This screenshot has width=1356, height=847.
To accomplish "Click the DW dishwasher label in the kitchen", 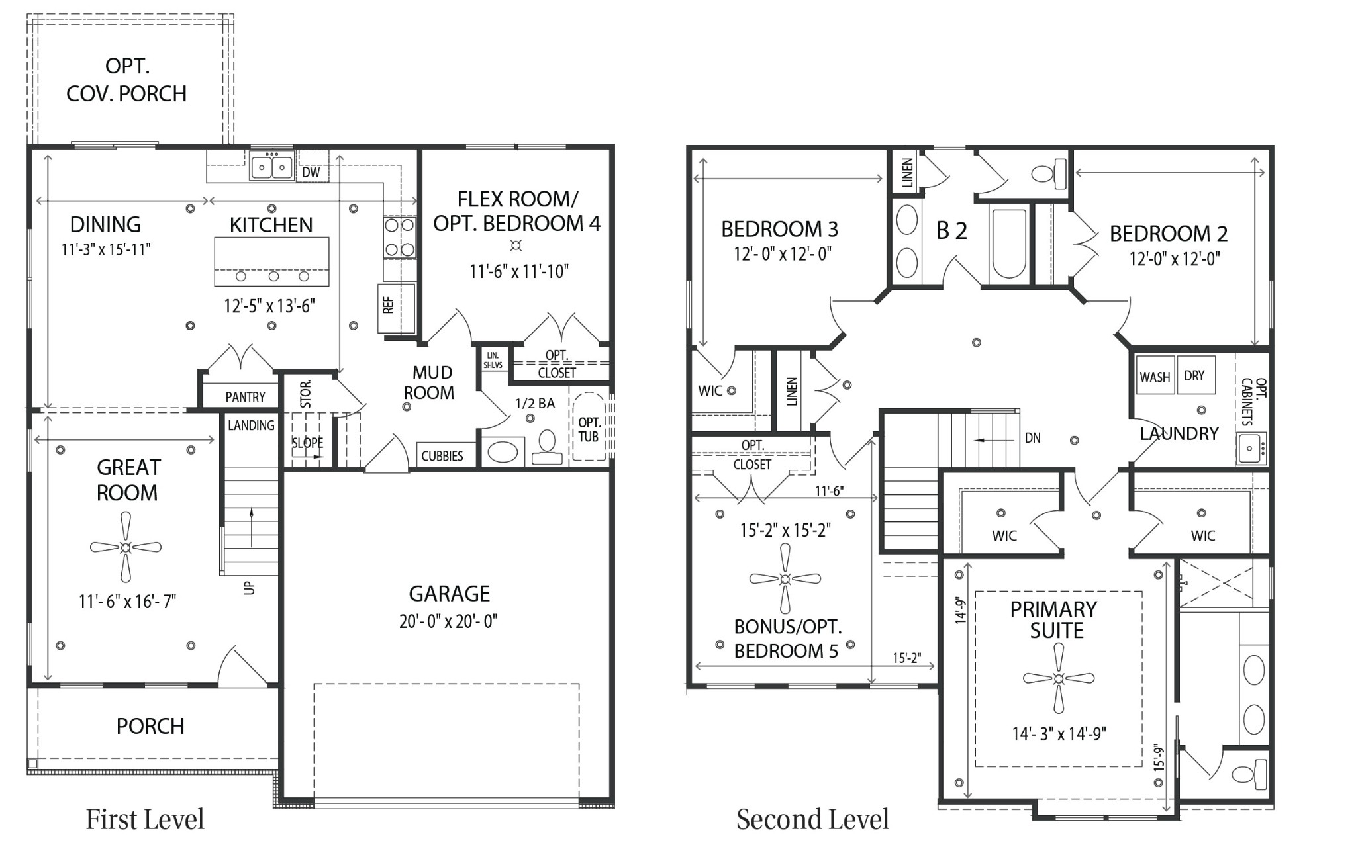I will click(x=311, y=173).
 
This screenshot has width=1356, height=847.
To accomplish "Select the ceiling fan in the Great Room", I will click(x=126, y=547).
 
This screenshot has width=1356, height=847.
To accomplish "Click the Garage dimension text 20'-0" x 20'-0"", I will click(x=448, y=621).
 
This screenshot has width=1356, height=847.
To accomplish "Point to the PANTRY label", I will click(x=245, y=397).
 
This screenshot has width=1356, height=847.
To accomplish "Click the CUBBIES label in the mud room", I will click(x=442, y=456).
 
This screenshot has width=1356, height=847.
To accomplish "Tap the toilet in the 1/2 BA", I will click(x=547, y=448).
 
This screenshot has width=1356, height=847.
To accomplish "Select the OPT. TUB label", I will click(x=589, y=429).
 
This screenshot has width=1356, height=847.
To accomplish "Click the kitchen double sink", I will click(x=271, y=165).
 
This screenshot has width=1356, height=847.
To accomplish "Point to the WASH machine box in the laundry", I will click(x=1155, y=377).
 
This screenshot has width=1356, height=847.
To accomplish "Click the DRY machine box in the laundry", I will click(x=1194, y=376).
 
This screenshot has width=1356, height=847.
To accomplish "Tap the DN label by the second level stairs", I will click(x=1032, y=438).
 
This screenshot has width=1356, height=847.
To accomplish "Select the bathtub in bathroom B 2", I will click(x=1008, y=243).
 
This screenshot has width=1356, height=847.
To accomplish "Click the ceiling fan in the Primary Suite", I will click(x=1058, y=678).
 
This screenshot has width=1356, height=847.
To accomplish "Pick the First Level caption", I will click(x=145, y=819).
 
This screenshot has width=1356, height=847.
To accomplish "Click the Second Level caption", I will click(x=812, y=819).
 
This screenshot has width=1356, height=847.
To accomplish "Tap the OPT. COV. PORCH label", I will click(x=126, y=80).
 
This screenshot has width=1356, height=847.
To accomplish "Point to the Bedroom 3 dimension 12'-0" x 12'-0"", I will click(x=782, y=254).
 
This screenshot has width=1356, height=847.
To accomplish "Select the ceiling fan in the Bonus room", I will click(x=785, y=579).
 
